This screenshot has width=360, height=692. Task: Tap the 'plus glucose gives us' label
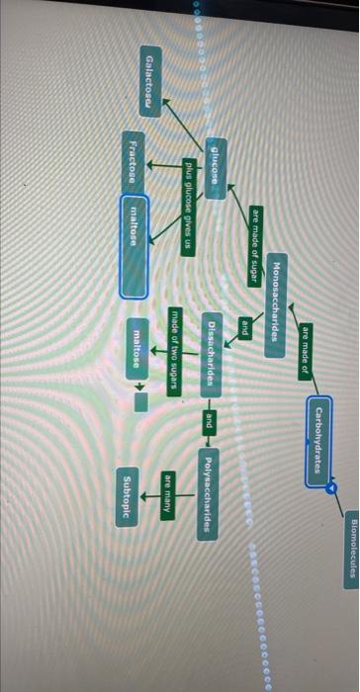pos(187,208)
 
